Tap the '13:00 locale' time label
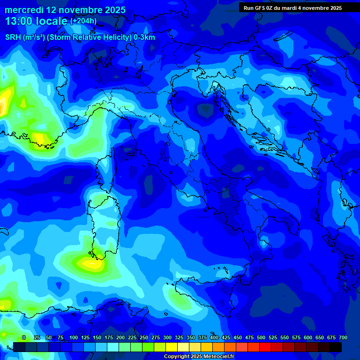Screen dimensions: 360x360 point(36,21)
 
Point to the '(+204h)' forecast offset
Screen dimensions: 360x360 point(83,21)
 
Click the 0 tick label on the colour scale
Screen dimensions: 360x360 point(24,337)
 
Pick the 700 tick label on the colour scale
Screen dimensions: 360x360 point(343,337)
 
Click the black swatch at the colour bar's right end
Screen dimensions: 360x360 point(335,347)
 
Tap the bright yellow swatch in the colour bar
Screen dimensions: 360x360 point(171,347)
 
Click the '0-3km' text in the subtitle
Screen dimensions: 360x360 point(144,37)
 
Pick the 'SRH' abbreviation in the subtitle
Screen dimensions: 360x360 point(13,37)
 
